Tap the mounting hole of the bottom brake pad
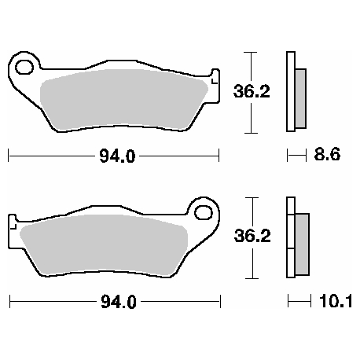205,213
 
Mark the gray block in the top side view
300,98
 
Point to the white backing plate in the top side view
289,91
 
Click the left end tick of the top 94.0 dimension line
9,156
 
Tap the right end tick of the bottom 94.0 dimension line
220,301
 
